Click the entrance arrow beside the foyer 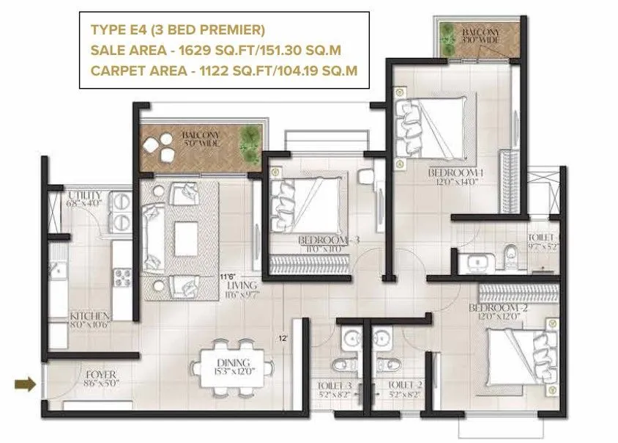[25, 383]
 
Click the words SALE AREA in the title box [121, 50]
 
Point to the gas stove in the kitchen [122, 277]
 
